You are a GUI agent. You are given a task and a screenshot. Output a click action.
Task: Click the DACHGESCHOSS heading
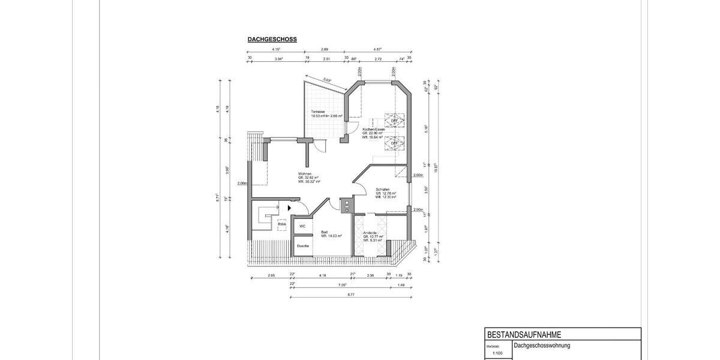[x=272, y=40]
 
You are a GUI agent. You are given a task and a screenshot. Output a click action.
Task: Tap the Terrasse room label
[x=317, y=112]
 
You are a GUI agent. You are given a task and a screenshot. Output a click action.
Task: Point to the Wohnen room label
[x=305, y=174]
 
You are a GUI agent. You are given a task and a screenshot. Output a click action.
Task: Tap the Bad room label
[x=324, y=232]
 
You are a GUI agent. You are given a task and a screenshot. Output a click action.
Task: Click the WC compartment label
[x=302, y=226]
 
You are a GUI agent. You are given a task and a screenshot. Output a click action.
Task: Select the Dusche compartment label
[x=303, y=246]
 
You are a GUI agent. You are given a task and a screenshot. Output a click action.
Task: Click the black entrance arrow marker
[x=289, y=208]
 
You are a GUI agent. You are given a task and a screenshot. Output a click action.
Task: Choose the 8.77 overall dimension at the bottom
[x=350, y=295]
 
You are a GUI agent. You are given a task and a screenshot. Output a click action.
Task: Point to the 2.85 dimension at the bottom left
[x=271, y=275]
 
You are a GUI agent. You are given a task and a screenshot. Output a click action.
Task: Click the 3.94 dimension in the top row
[x=278, y=59]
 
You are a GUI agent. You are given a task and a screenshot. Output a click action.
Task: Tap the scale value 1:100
[x=497, y=353]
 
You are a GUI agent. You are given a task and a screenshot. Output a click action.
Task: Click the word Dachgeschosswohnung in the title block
[x=542, y=346]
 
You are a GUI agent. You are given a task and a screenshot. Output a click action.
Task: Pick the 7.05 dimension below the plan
[x=343, y=285]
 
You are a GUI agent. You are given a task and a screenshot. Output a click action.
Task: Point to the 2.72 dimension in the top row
[x=377, y=59]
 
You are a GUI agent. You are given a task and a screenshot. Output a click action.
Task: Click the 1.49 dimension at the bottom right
[x=401, y=285]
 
